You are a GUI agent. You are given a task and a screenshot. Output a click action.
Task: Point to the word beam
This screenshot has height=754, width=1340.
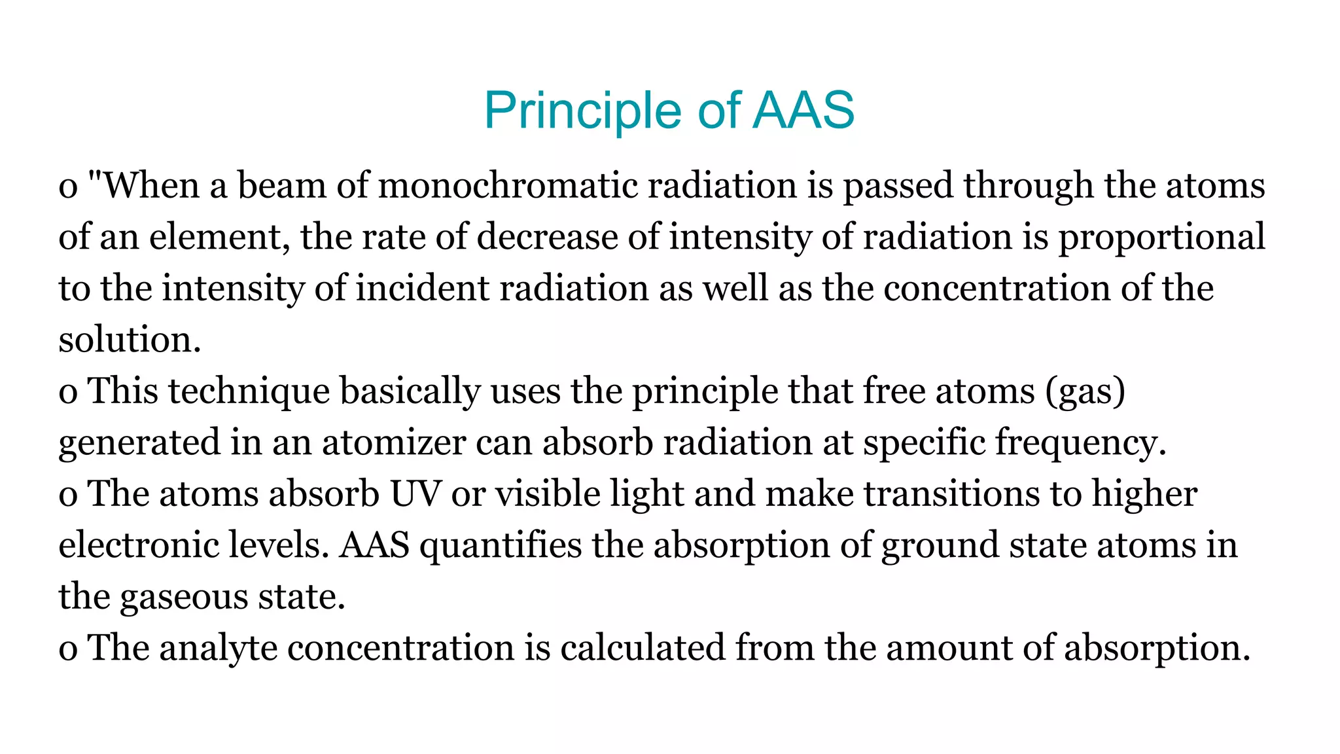pyautogui.click(x=281, y=185)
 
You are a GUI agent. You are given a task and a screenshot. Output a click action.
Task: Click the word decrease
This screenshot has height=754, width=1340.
pyautogui.click(x=547, y=236)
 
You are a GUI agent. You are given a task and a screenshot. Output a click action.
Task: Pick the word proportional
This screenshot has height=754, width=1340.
pyautogui.click(x=1162, y=238)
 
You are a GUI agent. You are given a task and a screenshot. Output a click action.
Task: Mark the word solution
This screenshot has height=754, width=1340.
pyautogui.click(x=129, y=340)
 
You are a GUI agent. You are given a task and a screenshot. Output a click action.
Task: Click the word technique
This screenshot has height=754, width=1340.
pyautogui.click(x=249, y=391)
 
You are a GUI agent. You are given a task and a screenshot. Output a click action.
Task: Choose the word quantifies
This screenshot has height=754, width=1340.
pyautogui.click(x=501, y=545)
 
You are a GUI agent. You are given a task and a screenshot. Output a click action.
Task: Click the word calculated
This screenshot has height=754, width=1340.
pyautogui.click(x=643, y=647)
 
